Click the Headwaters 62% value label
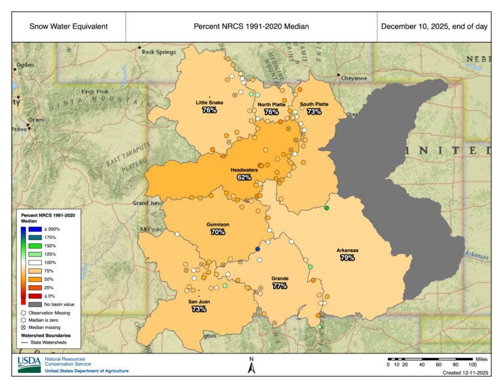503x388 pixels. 244,177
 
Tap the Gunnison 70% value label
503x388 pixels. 218,232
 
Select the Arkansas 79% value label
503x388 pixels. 347,258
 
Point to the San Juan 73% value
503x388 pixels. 199,309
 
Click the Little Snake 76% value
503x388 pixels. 210,111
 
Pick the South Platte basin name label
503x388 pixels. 314,104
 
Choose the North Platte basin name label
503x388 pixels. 271,105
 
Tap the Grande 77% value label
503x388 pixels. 280,286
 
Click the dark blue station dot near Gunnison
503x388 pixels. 257,249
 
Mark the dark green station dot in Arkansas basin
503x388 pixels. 327,208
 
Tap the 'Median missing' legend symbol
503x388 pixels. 24,327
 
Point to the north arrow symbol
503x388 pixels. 251,366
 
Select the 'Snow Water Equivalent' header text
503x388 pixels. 68,27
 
